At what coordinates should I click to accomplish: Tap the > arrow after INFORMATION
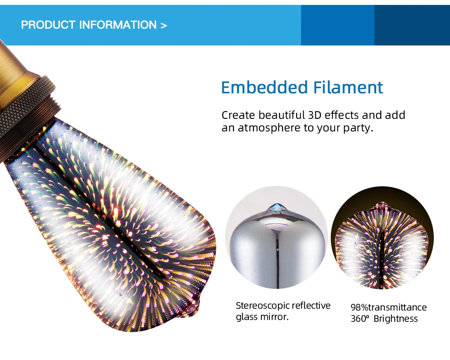(x=164, y=26)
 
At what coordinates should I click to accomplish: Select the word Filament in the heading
(x=348, y=87)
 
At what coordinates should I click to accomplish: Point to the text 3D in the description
(x=315, y=115)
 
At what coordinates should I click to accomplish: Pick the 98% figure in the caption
(x=359, y=307)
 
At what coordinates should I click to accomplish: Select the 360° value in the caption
(x=360, y=319)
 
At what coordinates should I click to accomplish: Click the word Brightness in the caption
(x=396, y=319)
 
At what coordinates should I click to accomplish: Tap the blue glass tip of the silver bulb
(x=277, y=207)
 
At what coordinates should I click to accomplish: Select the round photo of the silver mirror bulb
(x=277, y=238)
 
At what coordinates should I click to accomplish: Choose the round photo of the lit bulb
(x=382, y=238)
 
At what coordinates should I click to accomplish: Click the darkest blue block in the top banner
(x=412, y=25)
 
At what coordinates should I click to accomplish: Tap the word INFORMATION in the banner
(x=118, y=25)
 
